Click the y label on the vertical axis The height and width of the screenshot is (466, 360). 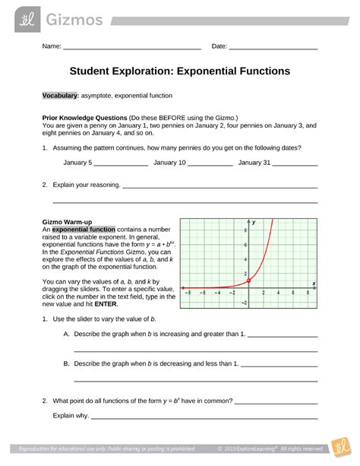pos(254,222)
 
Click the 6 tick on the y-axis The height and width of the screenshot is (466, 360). pos(245,245)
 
